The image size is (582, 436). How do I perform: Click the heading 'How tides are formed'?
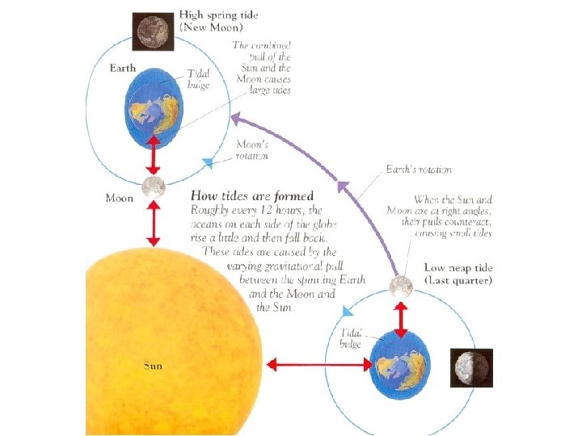(251, 195)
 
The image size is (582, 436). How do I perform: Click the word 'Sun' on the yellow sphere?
(153, 365)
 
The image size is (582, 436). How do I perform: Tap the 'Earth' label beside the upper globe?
(124, 68)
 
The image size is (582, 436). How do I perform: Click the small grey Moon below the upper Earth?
(153, 187)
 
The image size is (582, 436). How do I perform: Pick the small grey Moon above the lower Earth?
(399, 287)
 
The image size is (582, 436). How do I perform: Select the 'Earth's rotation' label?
(419, 170)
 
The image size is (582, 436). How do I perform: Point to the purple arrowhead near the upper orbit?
(235, 119)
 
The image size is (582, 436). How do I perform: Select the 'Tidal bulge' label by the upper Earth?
(199, 78)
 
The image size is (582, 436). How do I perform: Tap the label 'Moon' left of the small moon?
(120, 197)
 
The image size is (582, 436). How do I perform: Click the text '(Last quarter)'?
(458, 280)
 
